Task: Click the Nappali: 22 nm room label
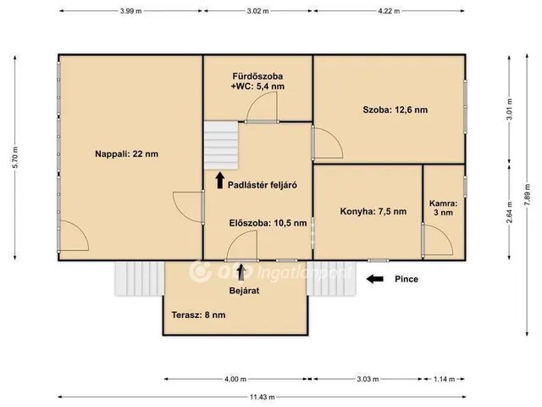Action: (126, 154)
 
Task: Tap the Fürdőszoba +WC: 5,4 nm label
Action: (257, 81)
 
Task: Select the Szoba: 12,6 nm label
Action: (395, 110)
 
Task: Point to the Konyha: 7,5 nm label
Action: (373, 211)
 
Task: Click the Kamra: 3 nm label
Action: (443, 208)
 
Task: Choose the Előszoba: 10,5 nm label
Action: (268, 223)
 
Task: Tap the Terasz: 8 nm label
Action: (198, 315)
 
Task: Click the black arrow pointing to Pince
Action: (374, 279)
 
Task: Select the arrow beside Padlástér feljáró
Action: (220, 181)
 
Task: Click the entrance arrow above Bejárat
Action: (241, 272)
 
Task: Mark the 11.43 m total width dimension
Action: (262, 397)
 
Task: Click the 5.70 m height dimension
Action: (15, 158)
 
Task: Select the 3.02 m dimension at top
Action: (257, 11)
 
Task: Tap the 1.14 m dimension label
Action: (444, 379)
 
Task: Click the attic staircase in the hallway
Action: (221, 145)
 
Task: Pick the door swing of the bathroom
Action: (262, 107)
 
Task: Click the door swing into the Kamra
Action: (438, 240)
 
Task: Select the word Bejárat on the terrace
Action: (244, 291)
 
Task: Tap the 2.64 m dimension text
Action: (509, 212)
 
